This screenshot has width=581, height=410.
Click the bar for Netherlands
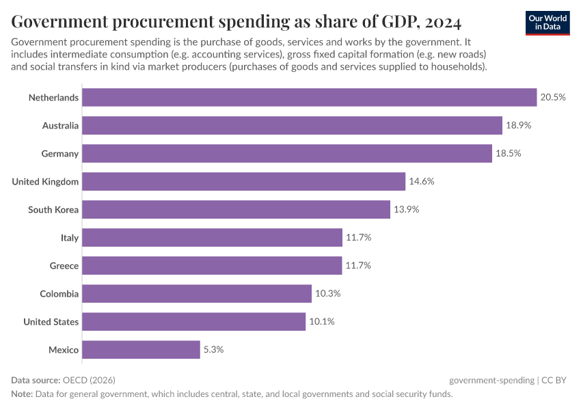click(309, 98)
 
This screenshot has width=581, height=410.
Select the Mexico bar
click(141, 350)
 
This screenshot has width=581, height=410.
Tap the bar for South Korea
click(236, 210)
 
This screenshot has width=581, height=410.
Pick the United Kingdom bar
click(243, 182)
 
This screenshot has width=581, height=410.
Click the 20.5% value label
click(553, 98)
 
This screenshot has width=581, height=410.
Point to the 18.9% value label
click(519, 126)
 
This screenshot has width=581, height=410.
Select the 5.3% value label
click(213, 350)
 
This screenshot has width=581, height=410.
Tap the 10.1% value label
click(321, 322)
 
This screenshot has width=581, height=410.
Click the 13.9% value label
click(406, 210)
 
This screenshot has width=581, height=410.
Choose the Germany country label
click(60, 154)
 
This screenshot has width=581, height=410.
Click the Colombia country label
click(59, 294)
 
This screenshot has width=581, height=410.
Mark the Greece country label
click(64, 266)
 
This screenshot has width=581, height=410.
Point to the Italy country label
click(70, 238)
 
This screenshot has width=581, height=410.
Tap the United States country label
click(51, 322)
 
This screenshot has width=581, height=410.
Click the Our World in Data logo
click(548, 23)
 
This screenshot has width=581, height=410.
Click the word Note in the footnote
click(21, 394)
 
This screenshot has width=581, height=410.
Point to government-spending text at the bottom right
click(491, 380)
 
